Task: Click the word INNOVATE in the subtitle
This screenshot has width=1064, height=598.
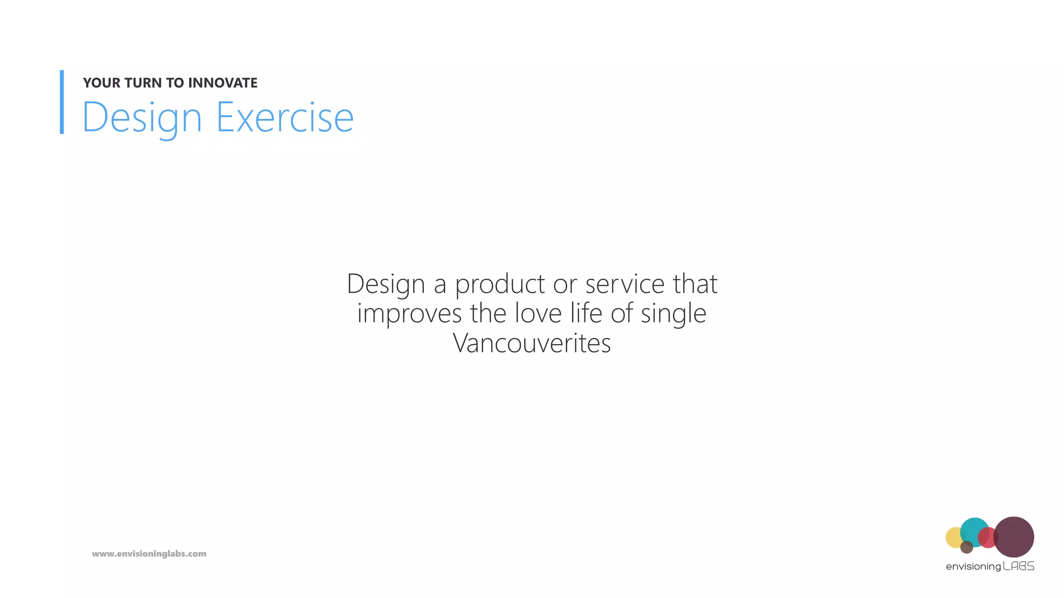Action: [222, 83]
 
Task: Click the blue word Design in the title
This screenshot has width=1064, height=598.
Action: [142, 118]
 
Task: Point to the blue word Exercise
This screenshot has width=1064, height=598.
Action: [285, 118]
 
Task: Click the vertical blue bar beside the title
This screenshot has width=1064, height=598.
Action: [62, 102]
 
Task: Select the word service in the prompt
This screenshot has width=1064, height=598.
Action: [625, 284]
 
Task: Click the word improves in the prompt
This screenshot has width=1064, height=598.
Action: [409, 314]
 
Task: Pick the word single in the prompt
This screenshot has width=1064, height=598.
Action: [673, 314]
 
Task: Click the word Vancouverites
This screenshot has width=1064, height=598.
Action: [531, 344]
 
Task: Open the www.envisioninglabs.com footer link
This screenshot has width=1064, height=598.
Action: [149, 554]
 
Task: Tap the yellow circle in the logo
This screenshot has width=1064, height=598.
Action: [953, 537]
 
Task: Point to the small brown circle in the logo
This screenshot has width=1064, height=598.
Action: [966, 547]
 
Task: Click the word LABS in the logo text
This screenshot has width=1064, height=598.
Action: [1018, 566]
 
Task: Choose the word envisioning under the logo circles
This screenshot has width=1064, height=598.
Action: [973, 567]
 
